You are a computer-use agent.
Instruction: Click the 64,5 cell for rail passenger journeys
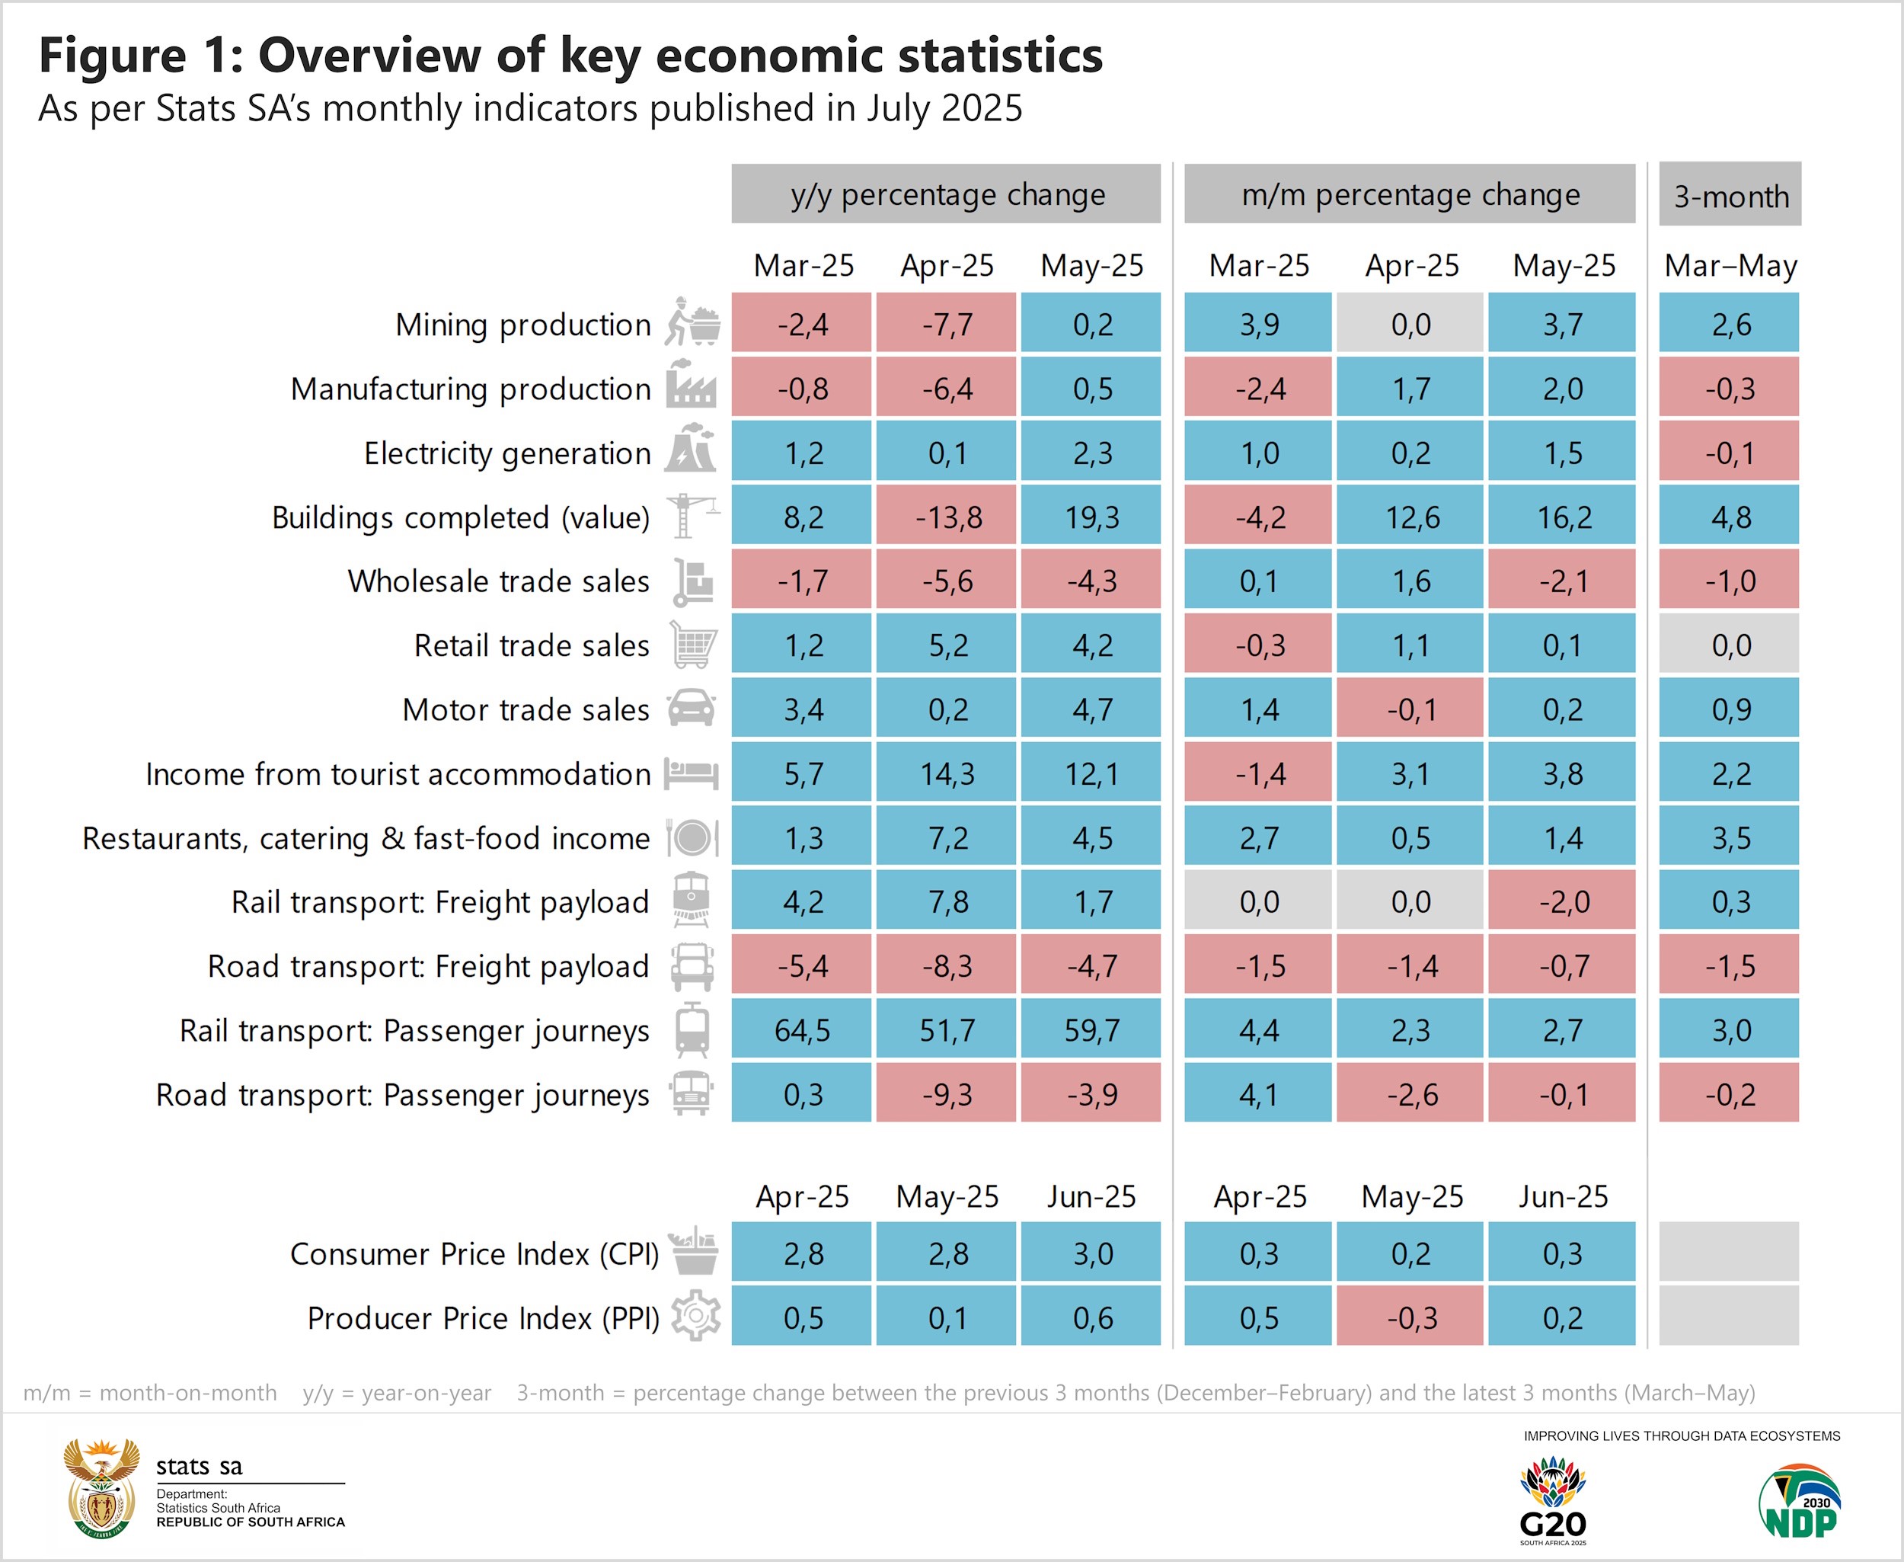[801, 1029]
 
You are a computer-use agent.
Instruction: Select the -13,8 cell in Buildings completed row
[947, 517]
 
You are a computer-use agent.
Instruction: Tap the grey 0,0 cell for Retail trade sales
[1730, 645]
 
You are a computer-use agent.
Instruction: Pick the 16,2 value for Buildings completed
[1563, 517]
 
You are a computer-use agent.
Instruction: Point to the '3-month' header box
[1730, 195]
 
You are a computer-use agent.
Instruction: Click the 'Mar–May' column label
[1730, 265]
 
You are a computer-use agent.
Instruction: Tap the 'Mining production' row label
[522, 324]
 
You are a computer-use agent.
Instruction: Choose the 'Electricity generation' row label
[506, 453]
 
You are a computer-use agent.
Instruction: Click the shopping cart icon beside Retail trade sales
[692, 645]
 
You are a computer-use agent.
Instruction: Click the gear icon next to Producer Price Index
[695, 1317]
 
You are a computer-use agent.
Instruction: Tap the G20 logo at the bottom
[1552, 1499]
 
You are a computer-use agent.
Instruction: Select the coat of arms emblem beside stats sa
[101, 1488]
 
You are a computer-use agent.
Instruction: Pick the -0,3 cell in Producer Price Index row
[1410, 1317]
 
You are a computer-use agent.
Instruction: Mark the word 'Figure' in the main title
[113, 56]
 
